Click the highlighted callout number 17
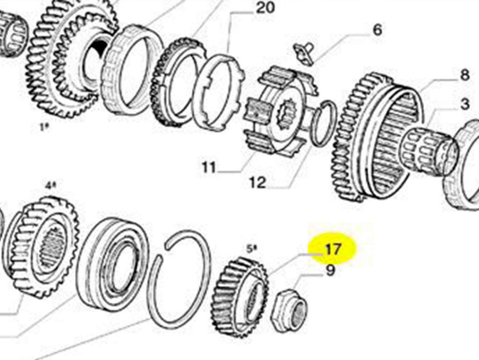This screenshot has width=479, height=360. click(x=333, y=249)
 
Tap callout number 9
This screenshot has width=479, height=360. click(x=330, y=271)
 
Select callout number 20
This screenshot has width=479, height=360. click(x=265, y=7)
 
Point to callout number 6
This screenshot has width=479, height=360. click(x=377, y=30)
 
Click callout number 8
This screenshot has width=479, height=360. click(x=464, y=75)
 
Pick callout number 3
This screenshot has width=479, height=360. click(x=464, y=104)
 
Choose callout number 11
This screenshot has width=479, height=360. click(x=209, y=168)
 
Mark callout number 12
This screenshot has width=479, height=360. click(x=258, y=183)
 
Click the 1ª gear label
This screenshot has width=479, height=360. click(x=44, y=127)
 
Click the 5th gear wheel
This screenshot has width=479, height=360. click(x=240, y=297)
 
